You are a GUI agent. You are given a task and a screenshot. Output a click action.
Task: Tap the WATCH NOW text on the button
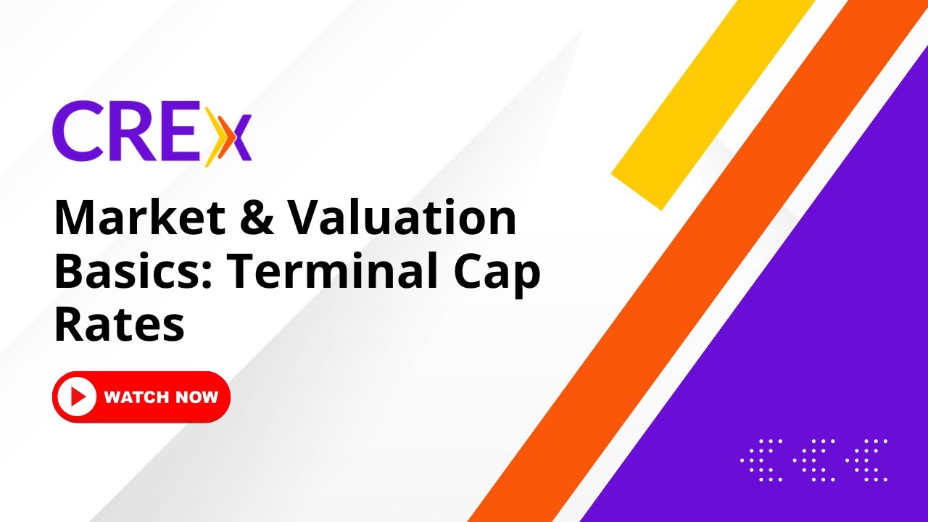pos(161,397)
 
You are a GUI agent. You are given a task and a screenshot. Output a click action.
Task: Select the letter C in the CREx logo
pos(77,133)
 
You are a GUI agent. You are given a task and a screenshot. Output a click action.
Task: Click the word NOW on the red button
pos(196,397)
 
